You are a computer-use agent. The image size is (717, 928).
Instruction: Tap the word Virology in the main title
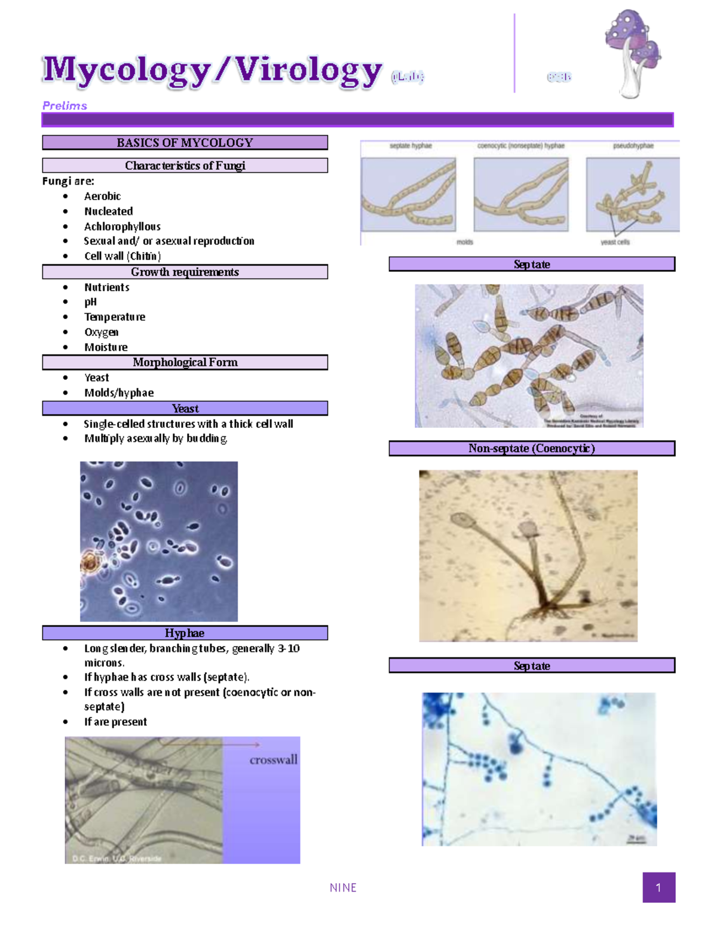(308, 71)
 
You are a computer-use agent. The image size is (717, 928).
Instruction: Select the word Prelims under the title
(65, 106)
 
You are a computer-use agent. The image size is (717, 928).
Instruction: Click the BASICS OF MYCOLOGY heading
(185, 143)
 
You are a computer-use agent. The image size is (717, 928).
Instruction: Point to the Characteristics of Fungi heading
(185, 166)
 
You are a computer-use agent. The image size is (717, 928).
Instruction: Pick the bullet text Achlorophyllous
(122, 226)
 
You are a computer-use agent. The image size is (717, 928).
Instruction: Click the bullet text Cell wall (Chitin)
(122, 256)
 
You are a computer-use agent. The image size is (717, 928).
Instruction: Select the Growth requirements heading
(185, 272)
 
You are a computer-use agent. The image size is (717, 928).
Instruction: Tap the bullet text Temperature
(115, 317)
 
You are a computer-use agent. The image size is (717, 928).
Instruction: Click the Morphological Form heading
(185, 363)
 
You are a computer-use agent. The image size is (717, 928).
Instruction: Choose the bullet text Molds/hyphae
(119, 393)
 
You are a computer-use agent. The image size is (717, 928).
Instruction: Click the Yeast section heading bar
(185, 409)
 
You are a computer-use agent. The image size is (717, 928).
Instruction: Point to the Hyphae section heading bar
(185, 633)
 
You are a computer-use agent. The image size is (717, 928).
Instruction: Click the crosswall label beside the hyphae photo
(273, 760)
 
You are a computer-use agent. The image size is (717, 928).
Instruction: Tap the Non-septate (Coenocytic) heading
(531, 449)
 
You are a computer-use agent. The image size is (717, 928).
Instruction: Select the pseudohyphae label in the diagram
(633, 146)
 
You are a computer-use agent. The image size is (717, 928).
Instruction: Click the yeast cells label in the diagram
(615, 242)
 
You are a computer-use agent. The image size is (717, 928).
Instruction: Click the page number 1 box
(658, 887)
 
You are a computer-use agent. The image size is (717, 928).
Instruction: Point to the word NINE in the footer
(343, 888)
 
